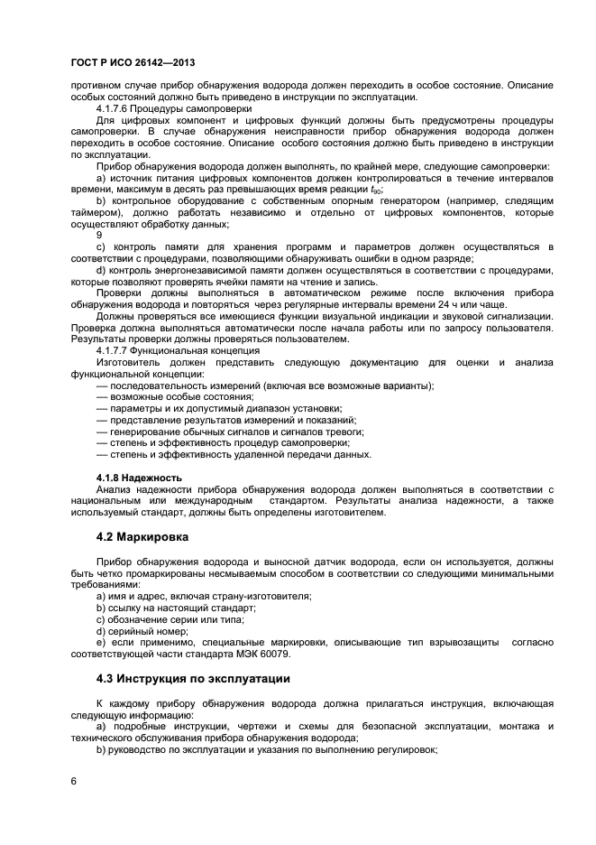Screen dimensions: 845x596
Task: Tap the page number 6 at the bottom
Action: pyautogui.click(x=74, y=779)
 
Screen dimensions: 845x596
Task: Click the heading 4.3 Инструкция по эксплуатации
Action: pyautogui.click(x=193, y=678)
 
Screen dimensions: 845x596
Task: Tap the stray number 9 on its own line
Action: pyautogui.click(x=99, y=234)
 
